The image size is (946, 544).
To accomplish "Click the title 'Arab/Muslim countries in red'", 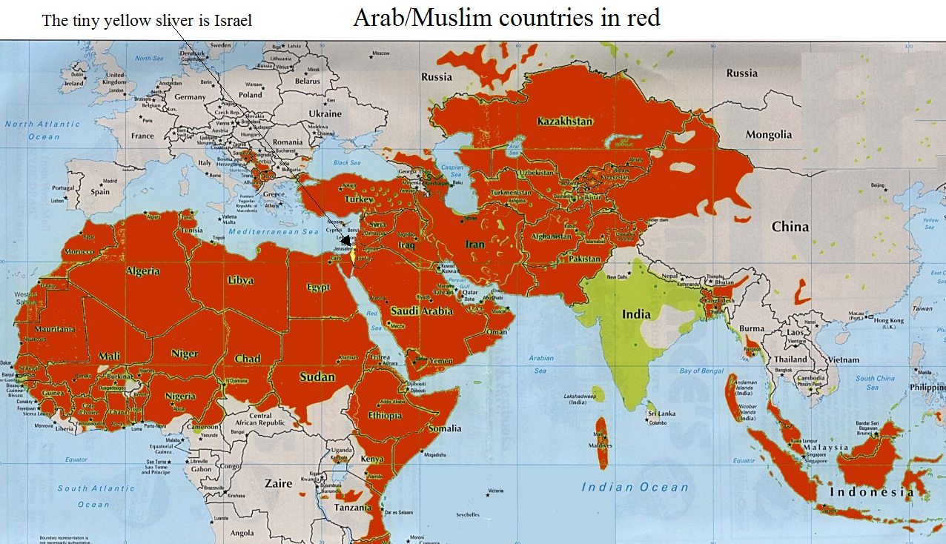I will point(506,18).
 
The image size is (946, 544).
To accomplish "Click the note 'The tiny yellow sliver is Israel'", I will point(147,21).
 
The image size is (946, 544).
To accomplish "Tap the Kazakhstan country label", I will point(565,122).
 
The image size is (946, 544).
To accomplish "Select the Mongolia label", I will point(769,135).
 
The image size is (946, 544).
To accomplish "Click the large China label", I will point(790,227).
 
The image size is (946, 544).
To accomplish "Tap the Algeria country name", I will point(143,271).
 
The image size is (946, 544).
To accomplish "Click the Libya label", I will point(241,281).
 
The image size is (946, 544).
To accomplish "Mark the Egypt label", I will point(318,288).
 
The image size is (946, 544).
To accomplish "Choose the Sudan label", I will point(317,377).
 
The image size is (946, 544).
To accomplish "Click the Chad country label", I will point(248,359).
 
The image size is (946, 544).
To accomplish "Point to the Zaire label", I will point(279,483).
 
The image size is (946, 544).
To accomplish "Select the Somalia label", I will point(445,428).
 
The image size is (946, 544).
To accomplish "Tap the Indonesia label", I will point(871,492).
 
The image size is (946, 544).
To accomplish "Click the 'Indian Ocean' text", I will point(635,487).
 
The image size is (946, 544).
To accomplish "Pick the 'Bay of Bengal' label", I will point(701,371).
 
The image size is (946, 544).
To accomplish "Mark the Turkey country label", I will point(359,199).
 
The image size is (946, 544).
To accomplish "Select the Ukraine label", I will point(325,114).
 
